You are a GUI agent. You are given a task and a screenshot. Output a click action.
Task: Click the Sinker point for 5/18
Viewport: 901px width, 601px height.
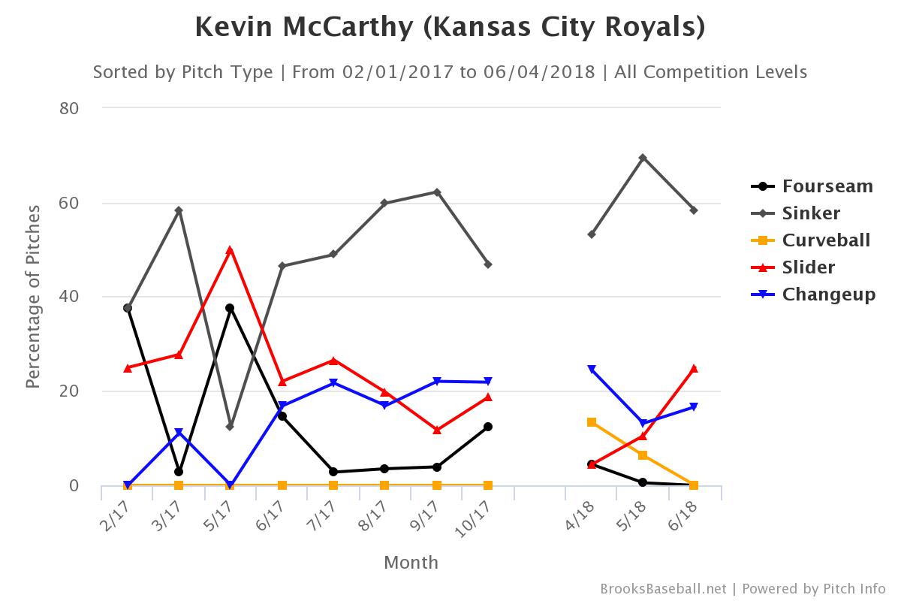[643, 158]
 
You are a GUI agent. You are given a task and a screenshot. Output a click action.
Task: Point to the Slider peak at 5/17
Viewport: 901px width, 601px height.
[230, 250]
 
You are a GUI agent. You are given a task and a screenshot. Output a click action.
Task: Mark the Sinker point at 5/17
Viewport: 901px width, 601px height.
[230, 427]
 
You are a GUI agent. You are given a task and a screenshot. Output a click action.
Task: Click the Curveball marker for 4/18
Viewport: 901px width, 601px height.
[592, 422]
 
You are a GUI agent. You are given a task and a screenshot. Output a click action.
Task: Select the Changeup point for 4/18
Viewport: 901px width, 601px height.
[592, 370]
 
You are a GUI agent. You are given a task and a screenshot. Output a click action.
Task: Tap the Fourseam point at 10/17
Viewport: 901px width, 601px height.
[488, 427]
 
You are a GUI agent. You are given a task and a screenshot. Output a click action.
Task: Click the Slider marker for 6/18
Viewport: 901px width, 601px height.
[694, 368]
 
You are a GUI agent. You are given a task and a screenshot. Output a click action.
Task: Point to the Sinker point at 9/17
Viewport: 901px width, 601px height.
[437, 192]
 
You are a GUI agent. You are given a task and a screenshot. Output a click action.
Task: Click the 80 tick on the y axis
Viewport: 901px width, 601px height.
[69, 108]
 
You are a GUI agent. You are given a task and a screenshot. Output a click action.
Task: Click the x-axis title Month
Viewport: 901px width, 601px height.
[411, 563]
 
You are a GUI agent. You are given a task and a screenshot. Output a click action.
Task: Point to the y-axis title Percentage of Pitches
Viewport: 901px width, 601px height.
[32, 297]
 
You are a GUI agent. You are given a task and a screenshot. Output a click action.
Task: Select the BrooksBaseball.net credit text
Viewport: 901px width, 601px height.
[663, 589]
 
